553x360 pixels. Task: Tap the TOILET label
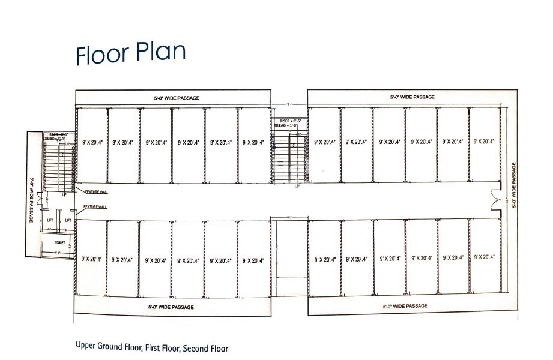60,242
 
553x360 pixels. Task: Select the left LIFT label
51,220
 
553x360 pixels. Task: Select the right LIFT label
68,220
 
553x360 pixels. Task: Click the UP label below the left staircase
64,195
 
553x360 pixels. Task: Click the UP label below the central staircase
297,186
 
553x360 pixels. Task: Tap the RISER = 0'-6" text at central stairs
291,121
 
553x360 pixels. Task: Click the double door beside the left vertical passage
38,199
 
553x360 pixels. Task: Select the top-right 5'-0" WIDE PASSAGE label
412,97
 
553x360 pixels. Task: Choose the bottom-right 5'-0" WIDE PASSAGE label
405,306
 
